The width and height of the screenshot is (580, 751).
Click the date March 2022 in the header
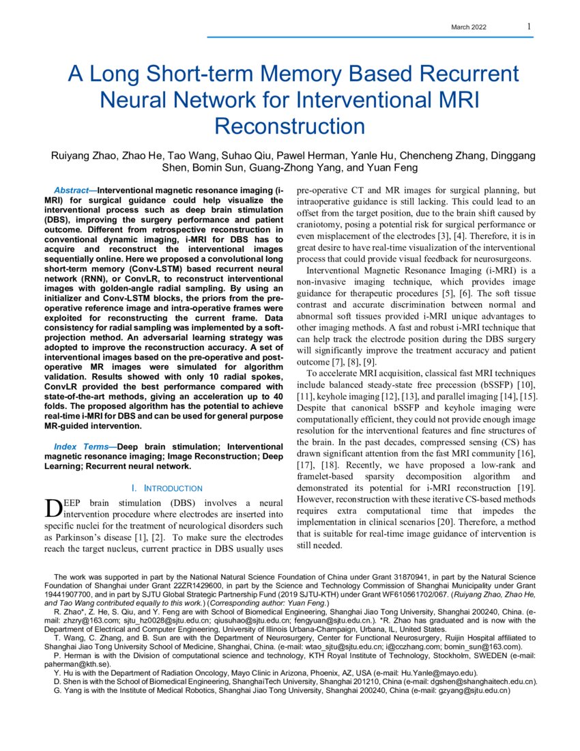point(469,27)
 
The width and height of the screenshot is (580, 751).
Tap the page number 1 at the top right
point(529,26)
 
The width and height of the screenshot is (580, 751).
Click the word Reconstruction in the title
point(289,126)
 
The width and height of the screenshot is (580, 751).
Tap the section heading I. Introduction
point(166,488)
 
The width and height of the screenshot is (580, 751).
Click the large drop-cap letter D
point(53,508)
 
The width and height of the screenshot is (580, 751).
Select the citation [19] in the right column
point(523,487)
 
